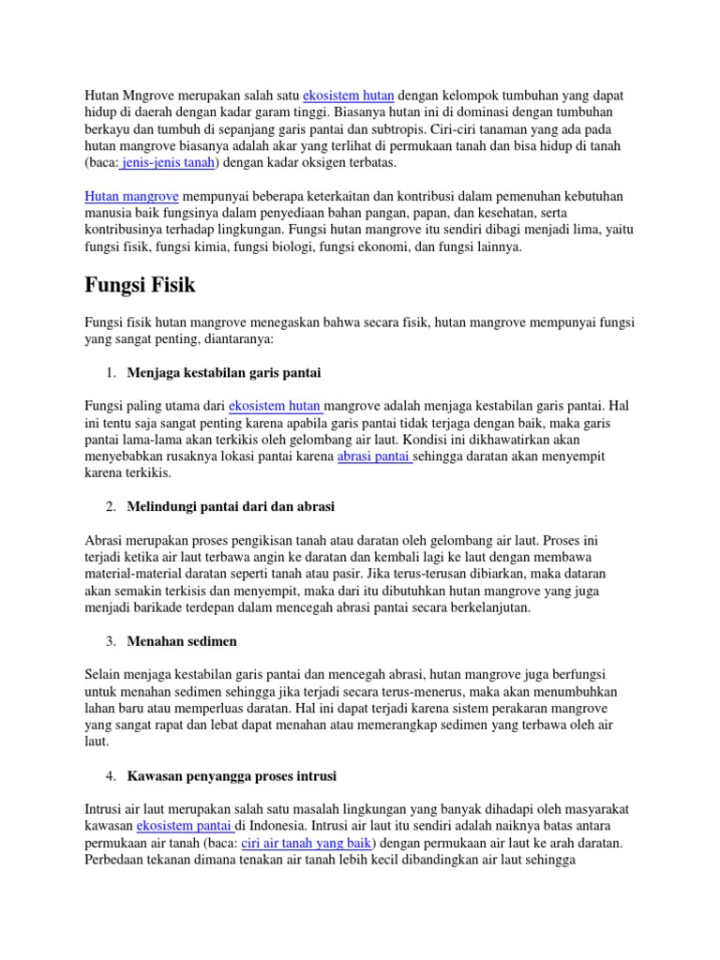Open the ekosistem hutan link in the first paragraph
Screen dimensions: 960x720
349,96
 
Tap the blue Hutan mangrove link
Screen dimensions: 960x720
131,196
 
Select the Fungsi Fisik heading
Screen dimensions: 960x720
141,283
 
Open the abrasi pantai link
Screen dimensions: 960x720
375,457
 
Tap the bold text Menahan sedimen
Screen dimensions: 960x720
182,640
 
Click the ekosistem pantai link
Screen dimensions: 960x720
185,826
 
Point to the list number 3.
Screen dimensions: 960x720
110,640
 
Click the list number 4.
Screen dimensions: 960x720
110,776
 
